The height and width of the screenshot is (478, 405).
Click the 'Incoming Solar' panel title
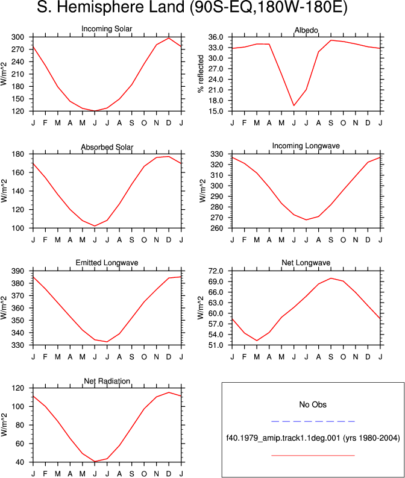(x=107, y=29)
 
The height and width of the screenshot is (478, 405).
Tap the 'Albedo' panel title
(x=306, y=30)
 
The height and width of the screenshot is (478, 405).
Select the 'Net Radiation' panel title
(x=107, y=381)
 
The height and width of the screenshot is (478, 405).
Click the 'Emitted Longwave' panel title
(x=107, y=263)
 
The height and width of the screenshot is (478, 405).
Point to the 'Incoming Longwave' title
(x=306, y=146)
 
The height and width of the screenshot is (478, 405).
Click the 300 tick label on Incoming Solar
(x=17, y=37)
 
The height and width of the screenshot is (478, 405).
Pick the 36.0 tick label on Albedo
(x=216, y=37)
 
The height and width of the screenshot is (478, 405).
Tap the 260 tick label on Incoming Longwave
(x=217, y=228)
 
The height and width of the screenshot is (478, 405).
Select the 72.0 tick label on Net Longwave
(x=216, y=271)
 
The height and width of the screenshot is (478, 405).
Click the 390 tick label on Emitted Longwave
(x=17, y=271)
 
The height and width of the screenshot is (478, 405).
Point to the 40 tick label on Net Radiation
(x=20, y=462)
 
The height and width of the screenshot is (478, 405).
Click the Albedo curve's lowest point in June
(x=294, y=105)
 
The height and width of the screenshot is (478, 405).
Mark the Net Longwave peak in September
(x=331, y=278)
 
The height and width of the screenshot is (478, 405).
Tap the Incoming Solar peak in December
(x=169, y=38)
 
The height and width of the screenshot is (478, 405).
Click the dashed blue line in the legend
(x=313, y=421)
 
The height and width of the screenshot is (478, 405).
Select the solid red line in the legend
(x=313, y=456)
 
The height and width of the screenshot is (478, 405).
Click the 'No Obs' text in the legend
(x=313, y=404)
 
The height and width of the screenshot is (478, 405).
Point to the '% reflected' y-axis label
(x=201, y=74)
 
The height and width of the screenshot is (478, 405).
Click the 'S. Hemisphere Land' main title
(x=110, y=7)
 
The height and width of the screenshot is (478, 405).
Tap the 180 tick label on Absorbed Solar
(x=17, y=154)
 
